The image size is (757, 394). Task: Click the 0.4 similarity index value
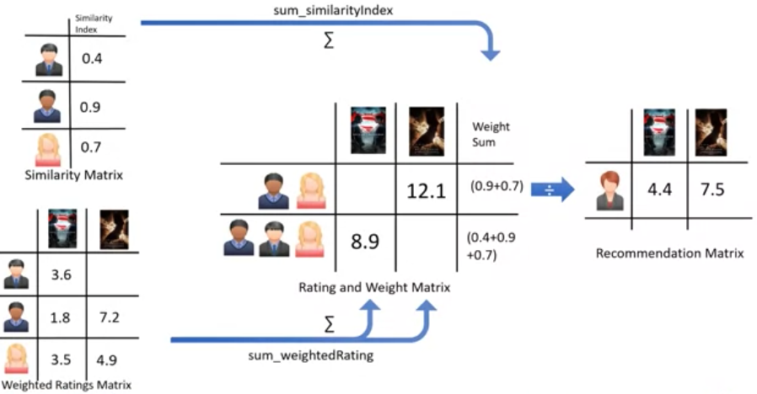tap(92, 60)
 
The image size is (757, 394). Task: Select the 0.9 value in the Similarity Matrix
tap(92, 107)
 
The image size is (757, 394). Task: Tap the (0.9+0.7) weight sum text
tap(495, 189)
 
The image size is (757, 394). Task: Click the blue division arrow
tap(553, 189)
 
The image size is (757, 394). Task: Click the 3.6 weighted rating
tap(62, 274)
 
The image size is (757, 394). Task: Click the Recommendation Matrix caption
tap(669, 253)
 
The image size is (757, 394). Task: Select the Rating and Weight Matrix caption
tap(374, 287)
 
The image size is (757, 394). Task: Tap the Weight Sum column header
tap(491, 135)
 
